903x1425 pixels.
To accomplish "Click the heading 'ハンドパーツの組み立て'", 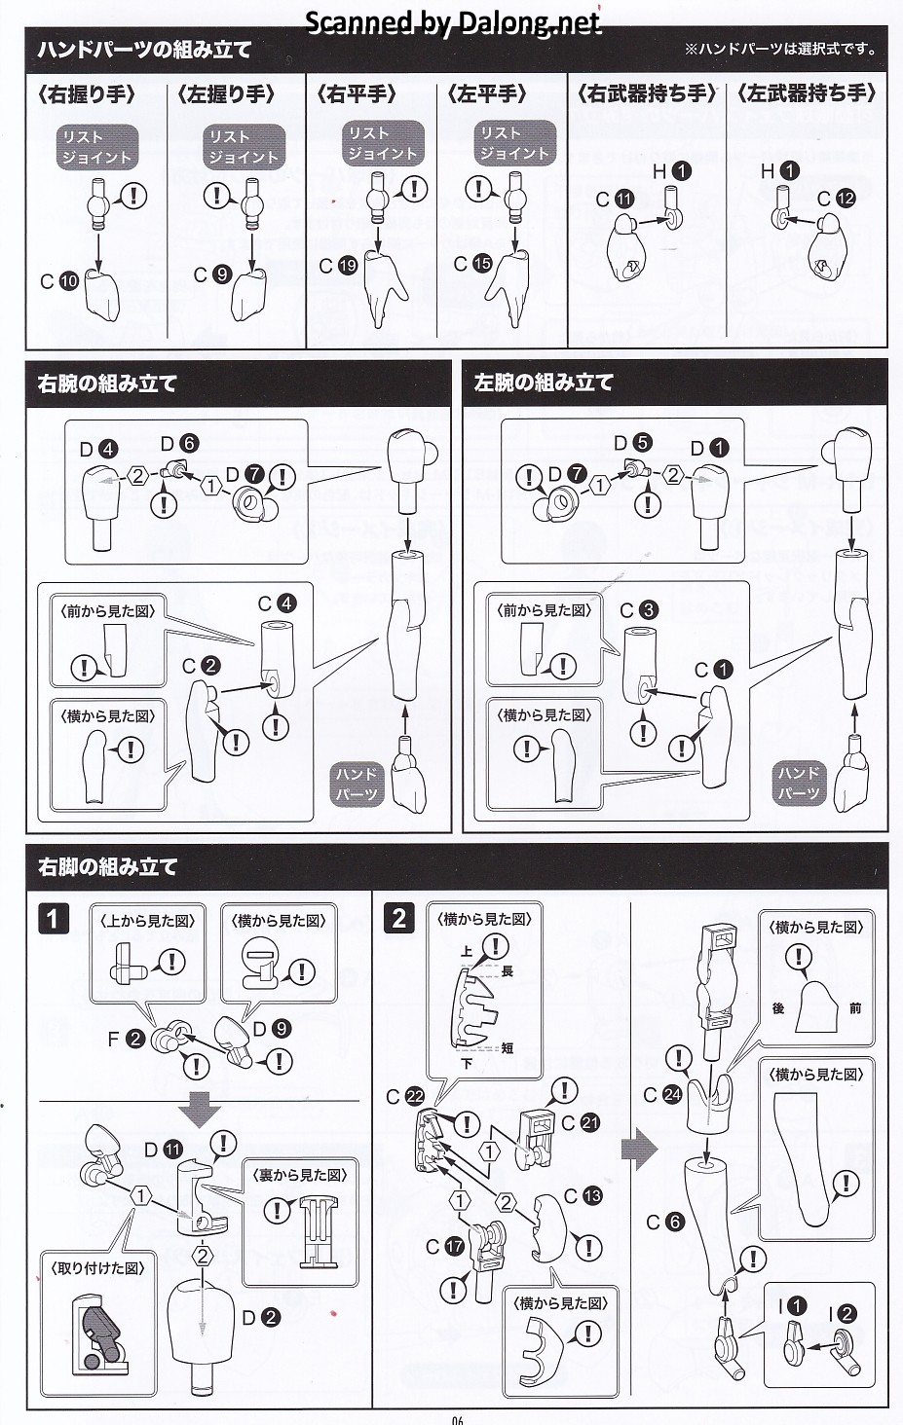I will coord(144,50).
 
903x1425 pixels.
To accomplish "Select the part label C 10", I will coord(59,281).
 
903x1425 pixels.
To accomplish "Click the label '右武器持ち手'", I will coord(647,93).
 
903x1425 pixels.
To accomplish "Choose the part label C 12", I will coord(836,199).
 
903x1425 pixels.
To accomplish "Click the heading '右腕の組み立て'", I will coord(107,384).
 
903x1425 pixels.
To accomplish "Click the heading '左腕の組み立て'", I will coord(544,383).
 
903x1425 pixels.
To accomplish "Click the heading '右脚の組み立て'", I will coord(107,866).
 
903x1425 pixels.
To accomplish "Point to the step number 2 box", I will coord(398,918).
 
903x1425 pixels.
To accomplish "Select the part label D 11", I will coord(163,1150).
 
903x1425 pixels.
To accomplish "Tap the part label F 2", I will coord(126,1039).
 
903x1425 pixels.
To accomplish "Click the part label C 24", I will coord(662,1095).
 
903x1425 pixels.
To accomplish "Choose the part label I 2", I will coord(838,1314).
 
